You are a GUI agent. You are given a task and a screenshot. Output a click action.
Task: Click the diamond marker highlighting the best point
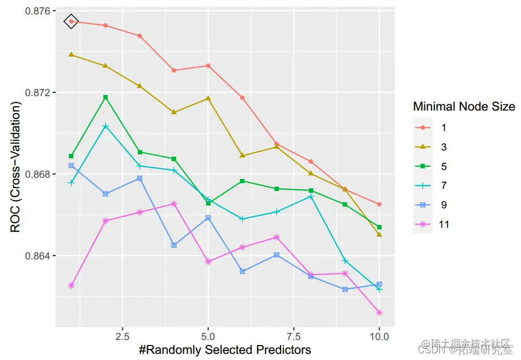(x=71, y=21)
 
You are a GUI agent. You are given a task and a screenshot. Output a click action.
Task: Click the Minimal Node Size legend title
(x=464, y=106)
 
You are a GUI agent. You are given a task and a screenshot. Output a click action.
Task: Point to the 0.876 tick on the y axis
(x=37, y=11)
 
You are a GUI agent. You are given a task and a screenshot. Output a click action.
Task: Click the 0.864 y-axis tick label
(x=37, y=256)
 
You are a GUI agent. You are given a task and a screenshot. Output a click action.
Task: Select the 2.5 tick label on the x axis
(x=122, y=337)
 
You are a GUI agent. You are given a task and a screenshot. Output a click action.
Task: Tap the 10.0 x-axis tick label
(x=379, y=337)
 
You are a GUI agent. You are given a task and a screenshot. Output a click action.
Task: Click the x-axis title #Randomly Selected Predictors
(x=225, y=350)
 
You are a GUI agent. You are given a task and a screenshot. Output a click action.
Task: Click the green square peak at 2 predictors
(x=106, y=97)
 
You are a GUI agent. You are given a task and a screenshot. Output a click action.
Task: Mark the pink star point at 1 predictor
(x=71, y=286)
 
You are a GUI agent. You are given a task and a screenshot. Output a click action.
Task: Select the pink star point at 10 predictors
(x=379, y=313)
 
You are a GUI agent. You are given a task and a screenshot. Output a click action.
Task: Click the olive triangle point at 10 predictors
(x=379, y=234)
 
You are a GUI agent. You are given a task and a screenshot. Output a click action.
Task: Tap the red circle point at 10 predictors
(x=379, y=204)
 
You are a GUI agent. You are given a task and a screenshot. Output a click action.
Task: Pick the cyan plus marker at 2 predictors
(x=106, y=126)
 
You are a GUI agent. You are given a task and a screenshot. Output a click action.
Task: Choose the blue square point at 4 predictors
(x=174, y=245)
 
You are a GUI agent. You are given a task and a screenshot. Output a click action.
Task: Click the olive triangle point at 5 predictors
(x=208, y=98)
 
